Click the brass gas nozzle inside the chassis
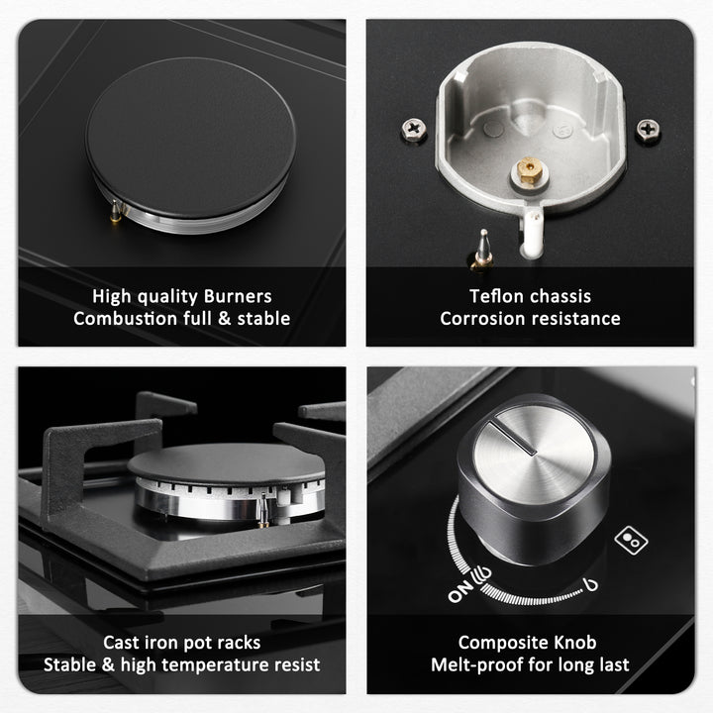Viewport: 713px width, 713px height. point(529,170)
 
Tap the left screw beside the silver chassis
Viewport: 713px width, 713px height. point(413,130)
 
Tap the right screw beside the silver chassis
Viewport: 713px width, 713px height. point(648,131)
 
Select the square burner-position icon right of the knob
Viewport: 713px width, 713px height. point(631,541)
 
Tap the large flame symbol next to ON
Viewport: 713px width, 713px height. point(482,575)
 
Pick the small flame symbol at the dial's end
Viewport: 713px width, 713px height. point(590,585)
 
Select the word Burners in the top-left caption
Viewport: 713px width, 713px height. point(238,296)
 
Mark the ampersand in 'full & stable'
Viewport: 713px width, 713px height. point(224,318)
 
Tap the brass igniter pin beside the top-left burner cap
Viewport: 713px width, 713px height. point(116,212)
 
